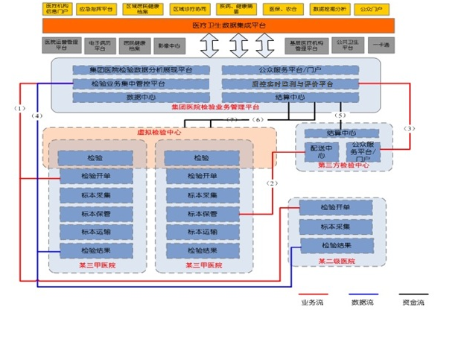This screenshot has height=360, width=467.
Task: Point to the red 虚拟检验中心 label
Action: [x=159, y=132]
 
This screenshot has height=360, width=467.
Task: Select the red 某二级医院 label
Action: [x=337, y=261]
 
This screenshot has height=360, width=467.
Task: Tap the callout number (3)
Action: [x=409, y=128]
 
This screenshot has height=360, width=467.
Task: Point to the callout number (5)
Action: [x=340, y=116]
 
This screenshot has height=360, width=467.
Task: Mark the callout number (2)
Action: [x=273, y=183]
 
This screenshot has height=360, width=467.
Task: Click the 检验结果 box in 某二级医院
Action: [x=335, y=245]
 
